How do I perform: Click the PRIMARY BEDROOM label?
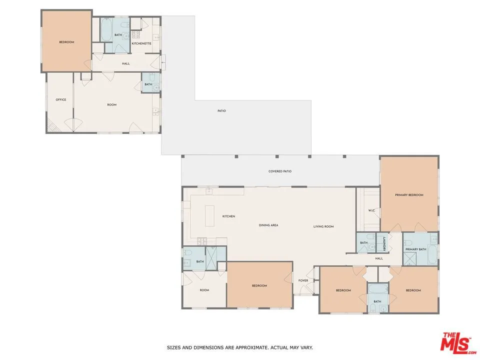409,195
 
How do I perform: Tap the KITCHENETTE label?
141,43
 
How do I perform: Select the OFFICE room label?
61,99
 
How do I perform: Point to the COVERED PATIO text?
280,171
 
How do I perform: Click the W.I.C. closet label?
371,210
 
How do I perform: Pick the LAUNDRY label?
383,243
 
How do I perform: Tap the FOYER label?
303,280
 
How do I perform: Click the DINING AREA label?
268,225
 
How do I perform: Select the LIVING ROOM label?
323,226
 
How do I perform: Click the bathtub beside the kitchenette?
107,30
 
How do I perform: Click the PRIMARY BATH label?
415,249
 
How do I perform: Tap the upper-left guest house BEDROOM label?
66,42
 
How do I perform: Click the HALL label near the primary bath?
379,258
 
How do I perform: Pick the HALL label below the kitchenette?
126,63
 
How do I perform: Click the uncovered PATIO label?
221,110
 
